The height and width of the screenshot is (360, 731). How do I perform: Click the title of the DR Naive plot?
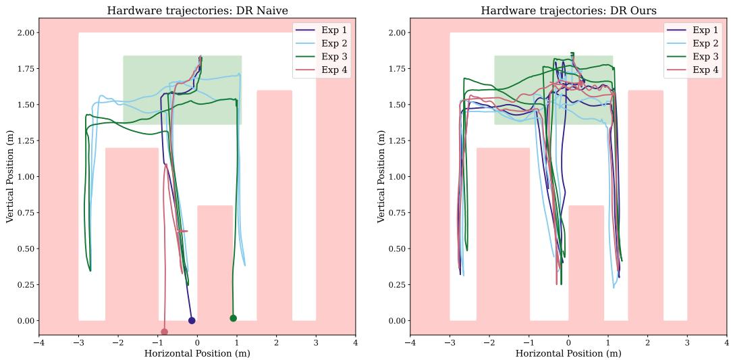197,11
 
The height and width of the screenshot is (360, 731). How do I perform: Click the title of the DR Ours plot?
568,11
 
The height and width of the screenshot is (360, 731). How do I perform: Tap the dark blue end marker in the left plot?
192,321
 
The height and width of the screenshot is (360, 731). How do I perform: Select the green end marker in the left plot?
234,318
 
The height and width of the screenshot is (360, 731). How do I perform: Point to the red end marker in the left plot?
164,332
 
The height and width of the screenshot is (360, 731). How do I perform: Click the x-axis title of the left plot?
197,353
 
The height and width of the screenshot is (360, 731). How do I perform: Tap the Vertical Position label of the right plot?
382,177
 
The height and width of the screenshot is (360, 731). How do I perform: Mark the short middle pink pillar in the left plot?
215,263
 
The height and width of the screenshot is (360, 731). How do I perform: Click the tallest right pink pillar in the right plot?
645,203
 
